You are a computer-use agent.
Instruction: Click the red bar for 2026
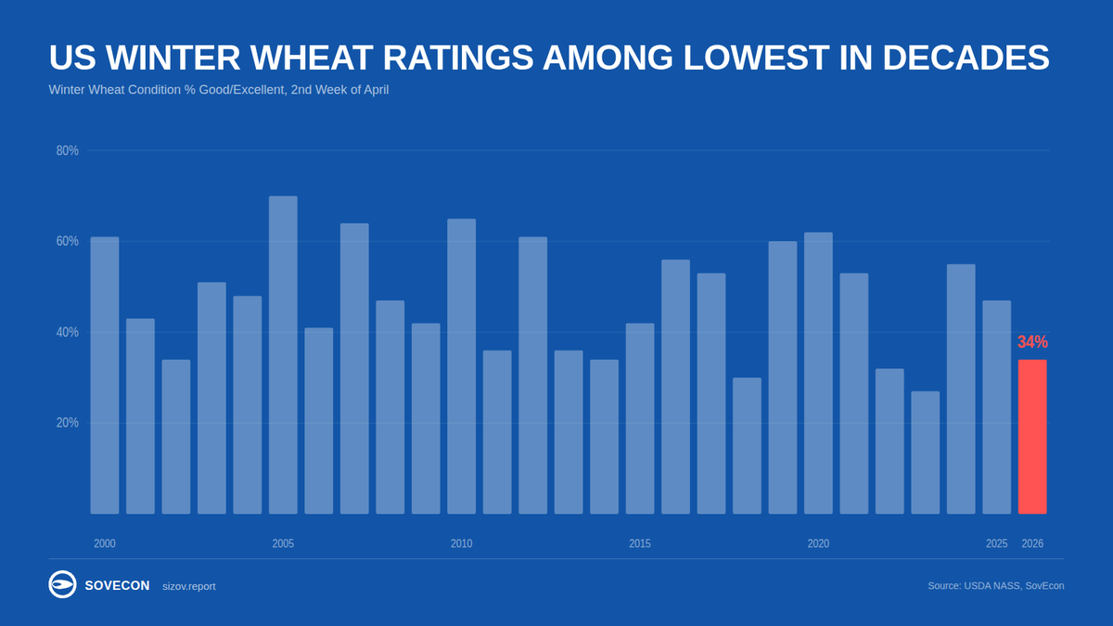pos(1032,437)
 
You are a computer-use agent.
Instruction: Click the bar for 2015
pos(640,418)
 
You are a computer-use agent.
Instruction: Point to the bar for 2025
pos(997,407)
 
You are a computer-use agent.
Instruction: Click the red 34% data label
pos(1032,342)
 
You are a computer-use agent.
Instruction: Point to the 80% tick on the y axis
pos(67,150)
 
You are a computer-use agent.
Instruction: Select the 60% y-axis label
pos(67,241)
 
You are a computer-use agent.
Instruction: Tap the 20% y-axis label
pos(67,423)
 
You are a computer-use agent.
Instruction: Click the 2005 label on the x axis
pos(283,543)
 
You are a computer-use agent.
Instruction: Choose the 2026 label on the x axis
pos(1032,543)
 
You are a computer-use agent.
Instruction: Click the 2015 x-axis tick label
pos(640,543)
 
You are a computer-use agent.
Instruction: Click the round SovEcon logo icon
pos(62,584)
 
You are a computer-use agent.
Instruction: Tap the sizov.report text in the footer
pos(188,586)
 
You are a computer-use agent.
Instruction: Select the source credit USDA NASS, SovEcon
pos(995,585)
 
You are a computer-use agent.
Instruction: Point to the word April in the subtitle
pos(370,90)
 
